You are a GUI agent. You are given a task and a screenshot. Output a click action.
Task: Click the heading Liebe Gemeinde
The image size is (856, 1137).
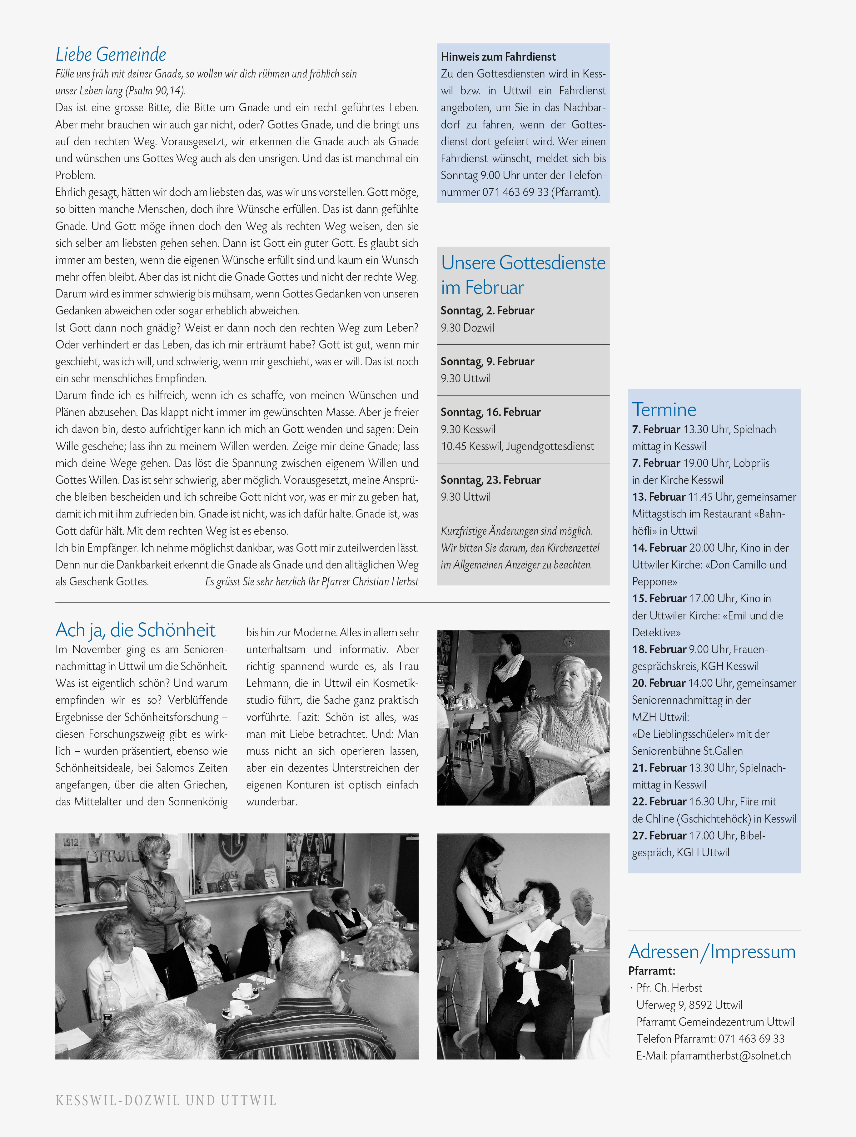111,54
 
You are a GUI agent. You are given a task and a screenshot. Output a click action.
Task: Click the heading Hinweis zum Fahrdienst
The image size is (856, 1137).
498,57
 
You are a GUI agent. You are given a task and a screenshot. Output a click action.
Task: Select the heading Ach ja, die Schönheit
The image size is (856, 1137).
135,630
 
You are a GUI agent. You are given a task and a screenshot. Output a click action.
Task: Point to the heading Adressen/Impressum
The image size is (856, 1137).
712,951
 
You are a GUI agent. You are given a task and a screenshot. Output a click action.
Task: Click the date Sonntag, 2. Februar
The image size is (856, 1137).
487,310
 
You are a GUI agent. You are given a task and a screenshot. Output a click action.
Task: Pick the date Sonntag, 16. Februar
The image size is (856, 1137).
490,412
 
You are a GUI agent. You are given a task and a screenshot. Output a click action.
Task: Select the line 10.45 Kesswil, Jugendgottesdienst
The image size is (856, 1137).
517,446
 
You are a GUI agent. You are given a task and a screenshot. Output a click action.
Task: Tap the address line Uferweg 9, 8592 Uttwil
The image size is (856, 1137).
689,1004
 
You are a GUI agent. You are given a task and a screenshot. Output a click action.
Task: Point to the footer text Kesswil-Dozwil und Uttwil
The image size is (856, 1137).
166,1100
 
